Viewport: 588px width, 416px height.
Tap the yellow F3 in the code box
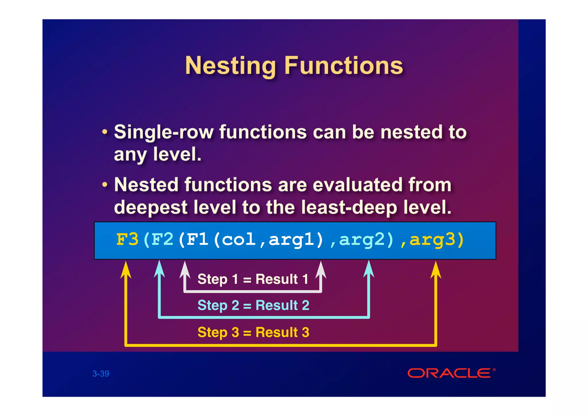click(x=127, y=239)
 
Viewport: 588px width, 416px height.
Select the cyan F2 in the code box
click(x=162, y=239)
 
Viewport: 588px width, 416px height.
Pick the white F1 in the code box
click(x=197, y=239)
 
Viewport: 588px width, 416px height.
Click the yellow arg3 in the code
click(x=432, y=240)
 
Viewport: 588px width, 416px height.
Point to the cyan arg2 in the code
click(x=362, y=240)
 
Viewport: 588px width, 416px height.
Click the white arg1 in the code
click(x=292, y=240)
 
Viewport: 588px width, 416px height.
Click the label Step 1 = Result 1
click(x=253, y=279)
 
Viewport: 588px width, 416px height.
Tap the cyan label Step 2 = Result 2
click(x=253, y=305)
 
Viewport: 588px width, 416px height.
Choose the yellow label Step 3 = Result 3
click(x=253, y=332)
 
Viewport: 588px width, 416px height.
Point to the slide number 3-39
click(x=101, y=373)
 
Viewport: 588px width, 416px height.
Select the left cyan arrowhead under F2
click(x=160, y=269)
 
